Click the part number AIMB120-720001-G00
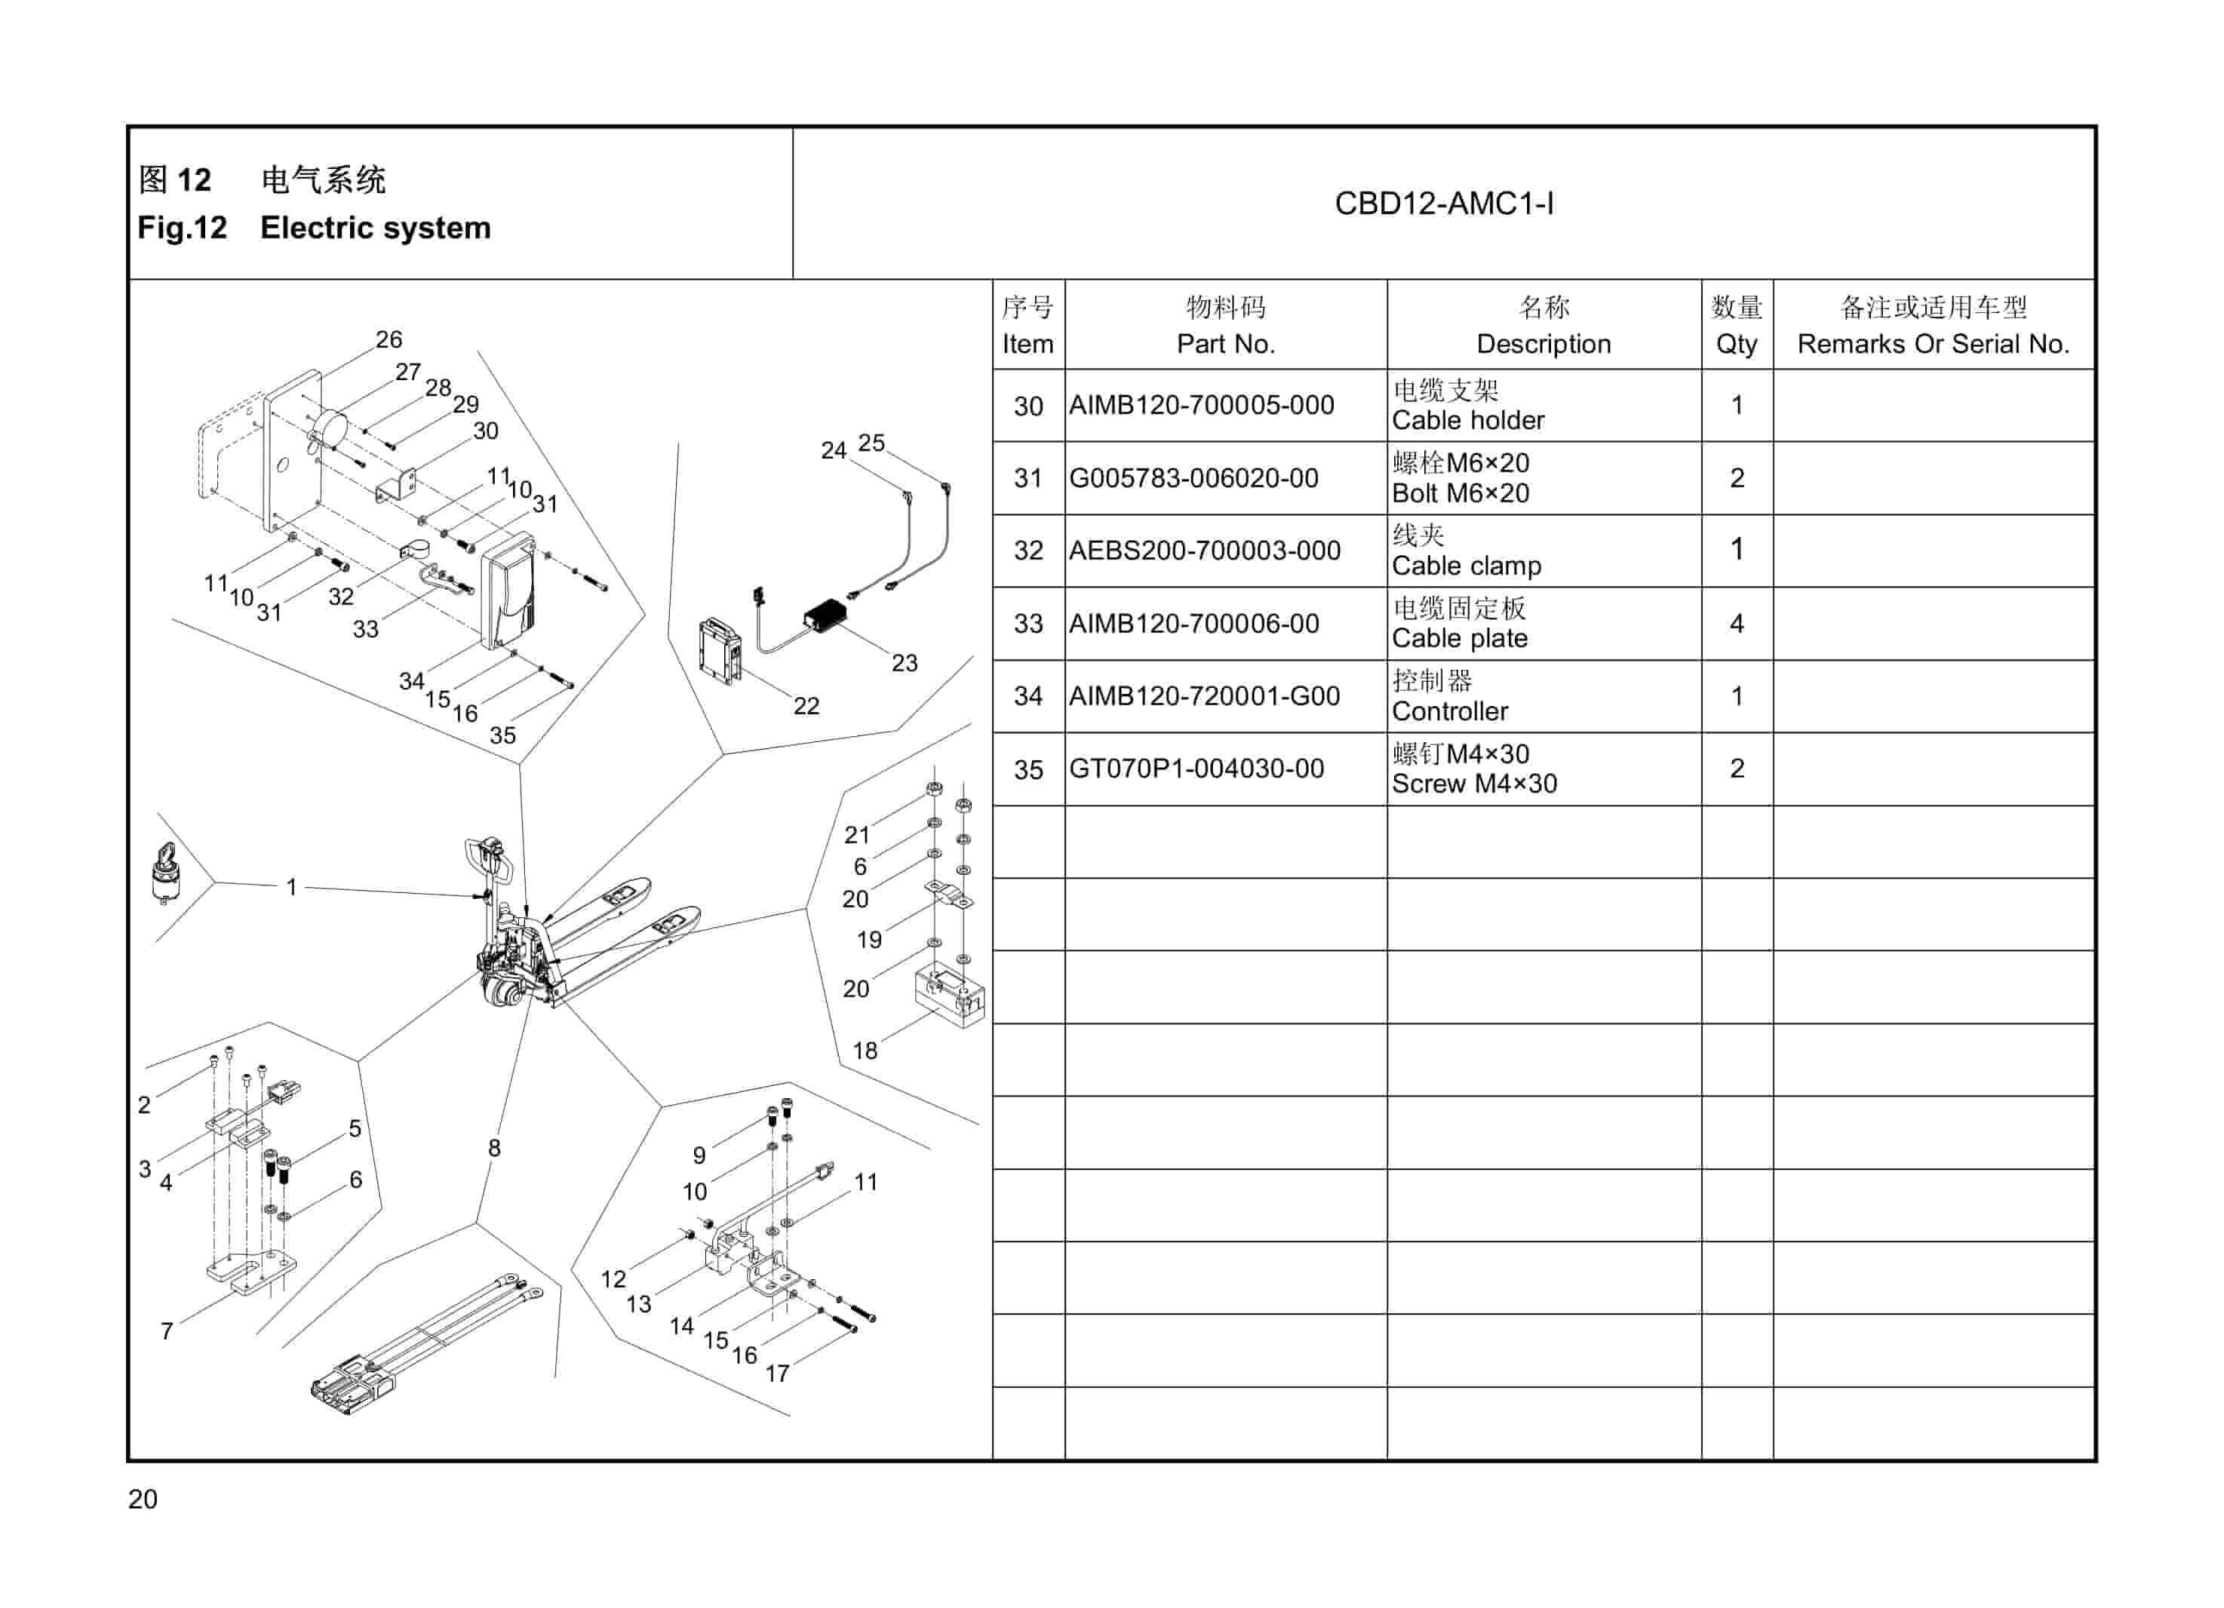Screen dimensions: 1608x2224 pyautogui.click(x=1203, y=696)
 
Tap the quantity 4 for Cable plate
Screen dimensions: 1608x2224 pyautogui.click(x=1736, y=624)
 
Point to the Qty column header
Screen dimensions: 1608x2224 pyautogui.click(x=1736, y=326)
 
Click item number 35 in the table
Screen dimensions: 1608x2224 pyautogui.click(x=1028, y=769)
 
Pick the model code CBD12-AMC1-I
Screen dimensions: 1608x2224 pyautogui.click(x=1443, y=204)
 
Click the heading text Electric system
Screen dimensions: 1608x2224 pyautogui.click(x=375, y=228)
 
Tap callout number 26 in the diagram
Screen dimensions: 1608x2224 pyautogui.click(x=389, y=339)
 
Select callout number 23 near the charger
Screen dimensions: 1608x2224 pyautogui.click(x=904, y=663)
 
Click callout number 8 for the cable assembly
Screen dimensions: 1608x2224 pyautogui.click(x=494, y=1147)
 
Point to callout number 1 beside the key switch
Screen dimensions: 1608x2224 pyautogui.click(x=291, y=886)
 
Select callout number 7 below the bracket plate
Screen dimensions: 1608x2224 pyautogui.click(x=167, y=1330)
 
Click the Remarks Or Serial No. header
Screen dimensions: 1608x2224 pyautogui.click(x=1932, y=326)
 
